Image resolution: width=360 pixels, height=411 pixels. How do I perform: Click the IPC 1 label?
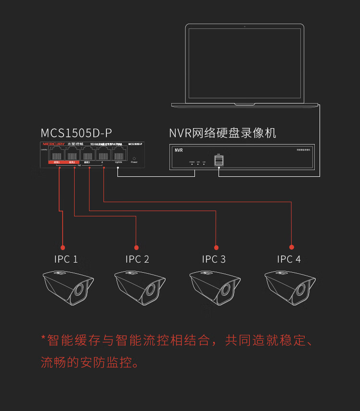point(66,259)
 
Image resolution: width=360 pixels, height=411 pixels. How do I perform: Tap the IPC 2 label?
point(137,259)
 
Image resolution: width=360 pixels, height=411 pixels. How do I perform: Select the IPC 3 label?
point(214,259)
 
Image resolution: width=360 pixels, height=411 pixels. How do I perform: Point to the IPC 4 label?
point(289,259)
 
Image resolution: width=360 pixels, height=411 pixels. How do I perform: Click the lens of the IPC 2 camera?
point(151,291)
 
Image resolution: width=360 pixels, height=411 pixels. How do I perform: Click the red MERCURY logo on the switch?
point(53,144)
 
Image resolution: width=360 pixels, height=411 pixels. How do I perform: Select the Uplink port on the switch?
point(118,155)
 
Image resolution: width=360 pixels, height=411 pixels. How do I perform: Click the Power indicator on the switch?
point(134,158)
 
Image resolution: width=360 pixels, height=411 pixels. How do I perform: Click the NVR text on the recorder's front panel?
point(179,150)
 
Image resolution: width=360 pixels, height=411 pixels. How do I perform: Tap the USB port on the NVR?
point(219,161)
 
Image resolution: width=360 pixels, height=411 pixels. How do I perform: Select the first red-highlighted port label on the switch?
point(57,162)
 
